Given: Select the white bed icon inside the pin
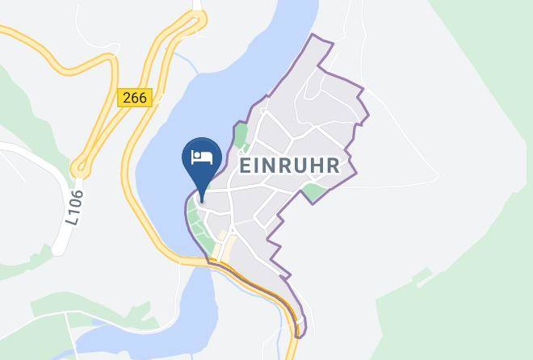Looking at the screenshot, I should pyautogui.click(x=201, y=155).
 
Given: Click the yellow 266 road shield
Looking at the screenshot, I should pyautogui.click(x=135, y=97).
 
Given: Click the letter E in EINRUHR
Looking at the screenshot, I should pyautogui.click(x=246, y=165).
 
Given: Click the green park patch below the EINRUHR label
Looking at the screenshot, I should pyautogui.click(x=313, y=192).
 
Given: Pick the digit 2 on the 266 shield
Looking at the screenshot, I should pyautogui.click(x=128, y=97).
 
